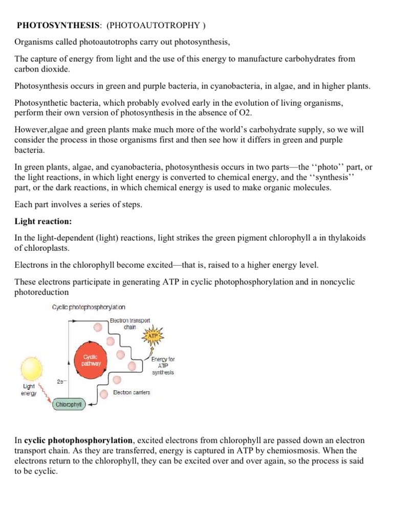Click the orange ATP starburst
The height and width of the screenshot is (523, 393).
click(153, 337)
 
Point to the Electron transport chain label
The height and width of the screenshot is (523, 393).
click(130, 323)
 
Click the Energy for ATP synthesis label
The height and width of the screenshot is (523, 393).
click(163, 366)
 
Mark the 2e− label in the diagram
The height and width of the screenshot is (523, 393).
click(61, 381)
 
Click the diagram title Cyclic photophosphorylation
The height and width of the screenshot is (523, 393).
click(89, 307)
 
